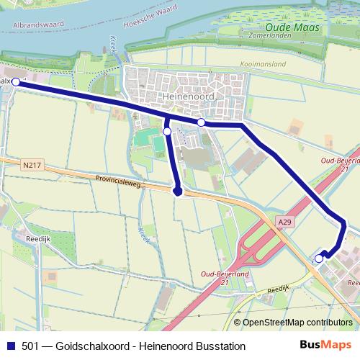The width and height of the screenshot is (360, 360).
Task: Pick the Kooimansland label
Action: (x=263, y=64)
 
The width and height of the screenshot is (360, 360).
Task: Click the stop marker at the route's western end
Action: (x=15, y=83)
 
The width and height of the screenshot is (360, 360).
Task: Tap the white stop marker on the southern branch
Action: (x=167, y=132)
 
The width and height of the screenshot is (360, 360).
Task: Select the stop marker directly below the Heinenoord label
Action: (x=202, y=122)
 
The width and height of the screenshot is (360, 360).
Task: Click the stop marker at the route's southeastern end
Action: (x=319, y=258)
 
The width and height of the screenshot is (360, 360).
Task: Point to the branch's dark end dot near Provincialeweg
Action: (x=178, y=192)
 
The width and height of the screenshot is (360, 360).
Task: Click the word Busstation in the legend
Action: (x=219, y=346)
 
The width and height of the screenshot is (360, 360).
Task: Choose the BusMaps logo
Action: (x=324, y=346)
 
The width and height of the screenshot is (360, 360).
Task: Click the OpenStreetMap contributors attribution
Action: (x=297, y=322)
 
